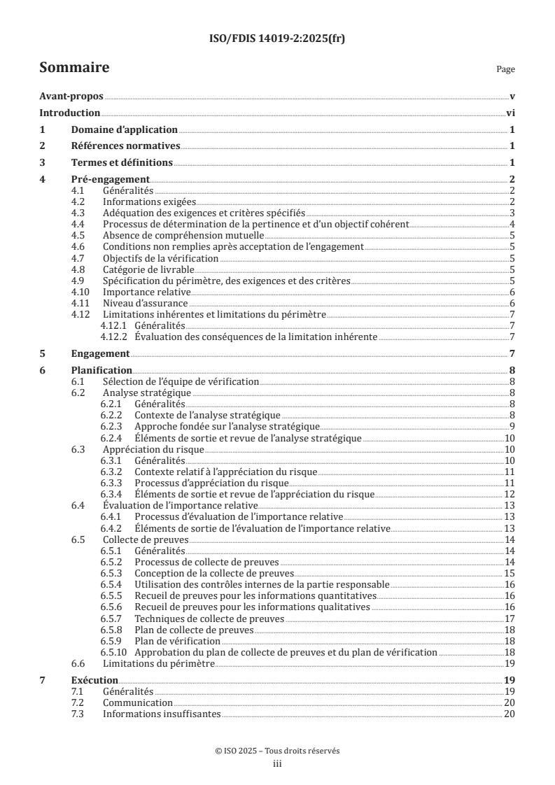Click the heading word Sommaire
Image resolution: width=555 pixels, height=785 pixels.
pyautogui.click(x=73, y=68)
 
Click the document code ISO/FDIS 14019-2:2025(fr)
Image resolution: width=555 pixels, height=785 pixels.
pyautogui.click(x=277, y=38)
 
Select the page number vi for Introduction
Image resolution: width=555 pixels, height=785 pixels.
pyautogui.click(x=511, y=113)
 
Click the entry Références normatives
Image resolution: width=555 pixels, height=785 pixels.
pyautogui.click(x=126, y=146)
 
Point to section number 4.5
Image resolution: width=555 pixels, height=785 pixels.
pyautogui.click(x=80, y=235)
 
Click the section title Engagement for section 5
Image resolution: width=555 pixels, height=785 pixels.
pyautogui.click(x=101, y=353)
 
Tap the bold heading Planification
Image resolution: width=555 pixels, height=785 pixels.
pyautogui.click(x=102, y=370)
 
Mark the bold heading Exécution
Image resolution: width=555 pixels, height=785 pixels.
pyautogui.click(x=94, y=679)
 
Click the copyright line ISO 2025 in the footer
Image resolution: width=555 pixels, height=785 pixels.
pyautogui.click(x=277, y=751)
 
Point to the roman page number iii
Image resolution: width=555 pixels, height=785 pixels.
pyautogui.click(x=277, y=764)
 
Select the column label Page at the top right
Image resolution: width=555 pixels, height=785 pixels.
pyautogui.click(x=505, y=69)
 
